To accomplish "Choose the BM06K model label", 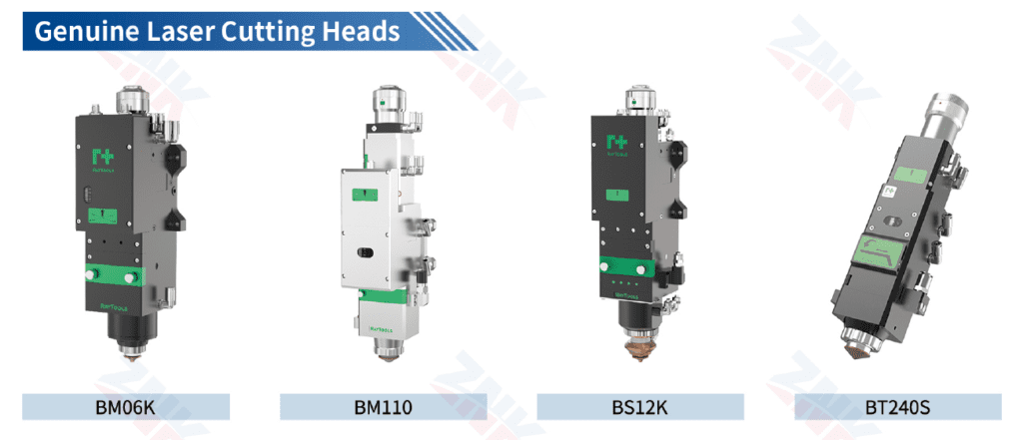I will (x=126, y=407).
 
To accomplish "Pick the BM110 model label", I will (x=383, y=407).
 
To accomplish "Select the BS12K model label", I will (x=639, y=407).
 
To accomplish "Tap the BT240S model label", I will (x=898, y=407).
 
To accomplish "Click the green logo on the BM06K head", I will (x=104, y=157).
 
